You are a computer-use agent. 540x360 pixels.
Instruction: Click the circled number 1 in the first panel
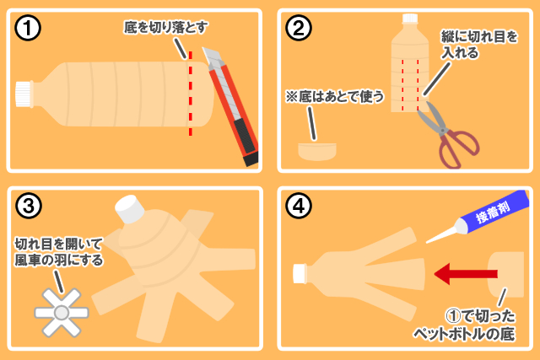(x=28, y=28)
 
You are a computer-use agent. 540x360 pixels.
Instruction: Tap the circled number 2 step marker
(x=299, y=28)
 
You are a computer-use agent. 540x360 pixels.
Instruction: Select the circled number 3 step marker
(x=29, y=206)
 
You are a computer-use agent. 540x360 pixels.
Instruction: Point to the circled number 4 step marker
(x=299, y=206)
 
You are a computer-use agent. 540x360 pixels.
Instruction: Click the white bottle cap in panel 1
(x=24, y=94)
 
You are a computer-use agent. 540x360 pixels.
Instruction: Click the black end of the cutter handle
(x=251, y=159)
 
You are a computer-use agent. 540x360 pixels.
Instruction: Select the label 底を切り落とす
(x=165, y=27)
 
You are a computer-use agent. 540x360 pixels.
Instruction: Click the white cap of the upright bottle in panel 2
(x=410, y=19)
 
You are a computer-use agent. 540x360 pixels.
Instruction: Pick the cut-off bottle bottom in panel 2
(x=317, y=152)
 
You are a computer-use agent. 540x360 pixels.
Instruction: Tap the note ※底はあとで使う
(x=335, y=96)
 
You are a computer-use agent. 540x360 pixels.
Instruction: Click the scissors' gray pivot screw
(x=442, y=130)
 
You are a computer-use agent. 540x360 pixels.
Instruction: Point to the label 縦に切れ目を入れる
(x=479, y=45)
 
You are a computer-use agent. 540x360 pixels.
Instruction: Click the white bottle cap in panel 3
(x=130, y=209)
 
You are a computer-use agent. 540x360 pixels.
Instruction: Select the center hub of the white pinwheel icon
(x=62, y=313)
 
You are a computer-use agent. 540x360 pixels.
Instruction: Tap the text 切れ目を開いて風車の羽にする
(x=58, y=252)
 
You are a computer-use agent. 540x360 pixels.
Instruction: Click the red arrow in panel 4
(x=466, y=274)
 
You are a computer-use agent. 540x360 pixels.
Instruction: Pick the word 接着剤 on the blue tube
(x=493, y=212)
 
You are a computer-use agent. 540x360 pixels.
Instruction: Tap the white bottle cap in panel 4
(x=300, y=274)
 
